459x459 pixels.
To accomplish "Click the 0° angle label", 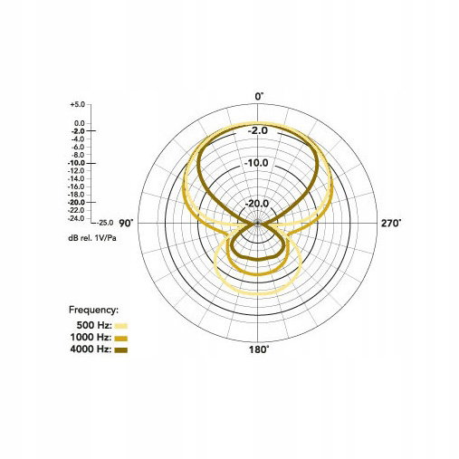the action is pos(259,97).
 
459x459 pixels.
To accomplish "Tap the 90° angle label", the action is pos(126,224).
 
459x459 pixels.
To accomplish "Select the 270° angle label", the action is pos(391,224).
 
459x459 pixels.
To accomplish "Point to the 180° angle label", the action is pos(259,349).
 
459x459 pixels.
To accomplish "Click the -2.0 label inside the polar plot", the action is pos(258,130).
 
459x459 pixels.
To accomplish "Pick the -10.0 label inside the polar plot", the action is pos(256,163).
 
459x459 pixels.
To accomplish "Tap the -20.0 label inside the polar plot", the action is pos(257,204).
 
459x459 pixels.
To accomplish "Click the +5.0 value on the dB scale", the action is pos(78,104).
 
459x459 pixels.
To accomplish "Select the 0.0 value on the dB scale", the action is pos(80,123).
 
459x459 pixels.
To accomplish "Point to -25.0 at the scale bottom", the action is pos(105,223).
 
